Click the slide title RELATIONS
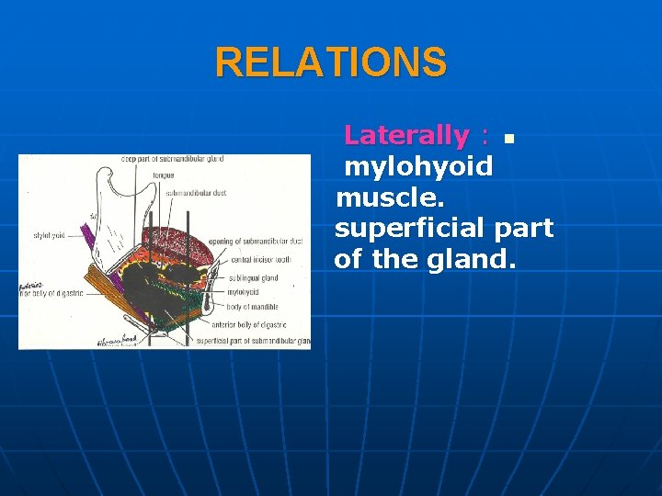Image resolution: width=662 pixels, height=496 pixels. (331, 63)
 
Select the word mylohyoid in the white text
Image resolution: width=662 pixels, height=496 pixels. (418, 167)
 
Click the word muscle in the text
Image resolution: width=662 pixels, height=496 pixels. (378, 198)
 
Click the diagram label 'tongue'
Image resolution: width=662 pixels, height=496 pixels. (164, 175)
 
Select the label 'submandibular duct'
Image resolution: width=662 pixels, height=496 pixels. (196, 193)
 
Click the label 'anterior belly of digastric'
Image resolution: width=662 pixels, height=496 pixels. (248, 325)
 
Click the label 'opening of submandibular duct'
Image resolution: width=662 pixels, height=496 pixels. (256, 241)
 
